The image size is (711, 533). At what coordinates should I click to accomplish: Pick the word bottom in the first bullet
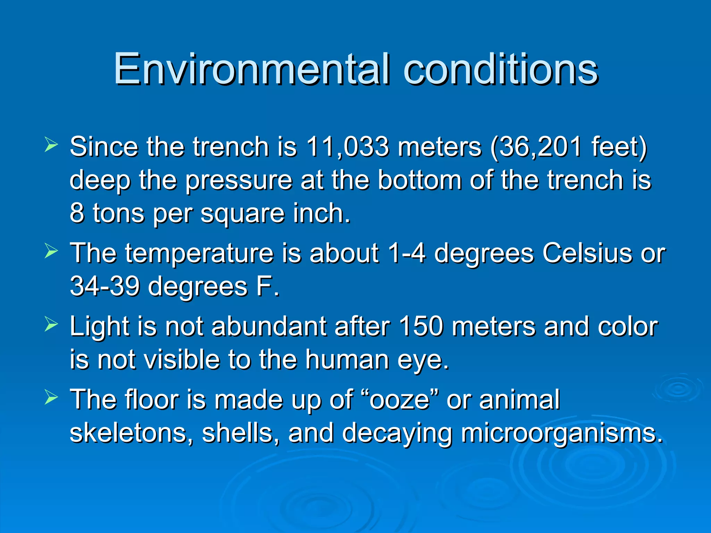[x=420, y=180]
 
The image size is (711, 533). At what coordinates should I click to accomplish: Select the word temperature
[x=199, y=254]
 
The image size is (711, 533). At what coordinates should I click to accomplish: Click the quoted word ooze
[x=400, y=400]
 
